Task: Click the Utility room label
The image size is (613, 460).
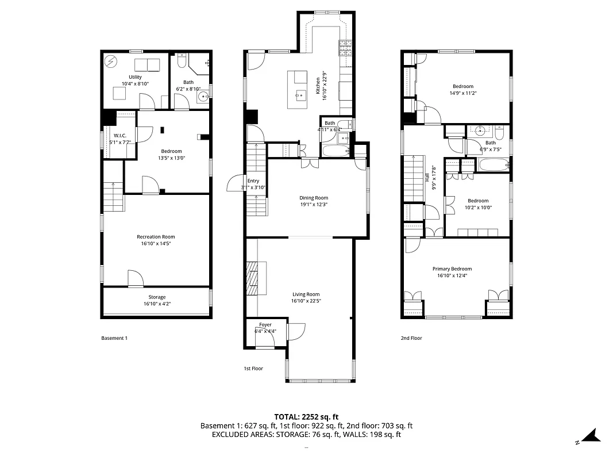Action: tap(135, 77)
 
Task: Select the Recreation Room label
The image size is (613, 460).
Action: tap(156, 237)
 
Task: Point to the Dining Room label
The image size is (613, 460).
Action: tap(314, 198)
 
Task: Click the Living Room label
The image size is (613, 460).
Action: tap(306, 294)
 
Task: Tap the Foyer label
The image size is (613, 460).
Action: tap(265, 325)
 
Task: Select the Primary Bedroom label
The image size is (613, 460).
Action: tap(452, 269)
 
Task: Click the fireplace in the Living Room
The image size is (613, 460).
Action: tap(253, 279)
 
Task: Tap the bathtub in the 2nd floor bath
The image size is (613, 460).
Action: tap(494, 166)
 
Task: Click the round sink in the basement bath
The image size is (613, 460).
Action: tap(203, 97)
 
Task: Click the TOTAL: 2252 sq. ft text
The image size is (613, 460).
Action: tap(306, 416)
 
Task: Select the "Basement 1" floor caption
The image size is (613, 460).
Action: tap(114, 338)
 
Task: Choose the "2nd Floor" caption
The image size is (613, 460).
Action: tap(411, 338)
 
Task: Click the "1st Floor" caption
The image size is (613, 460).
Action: tap(253, 368)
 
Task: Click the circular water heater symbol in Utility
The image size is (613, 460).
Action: tap(111, 62)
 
